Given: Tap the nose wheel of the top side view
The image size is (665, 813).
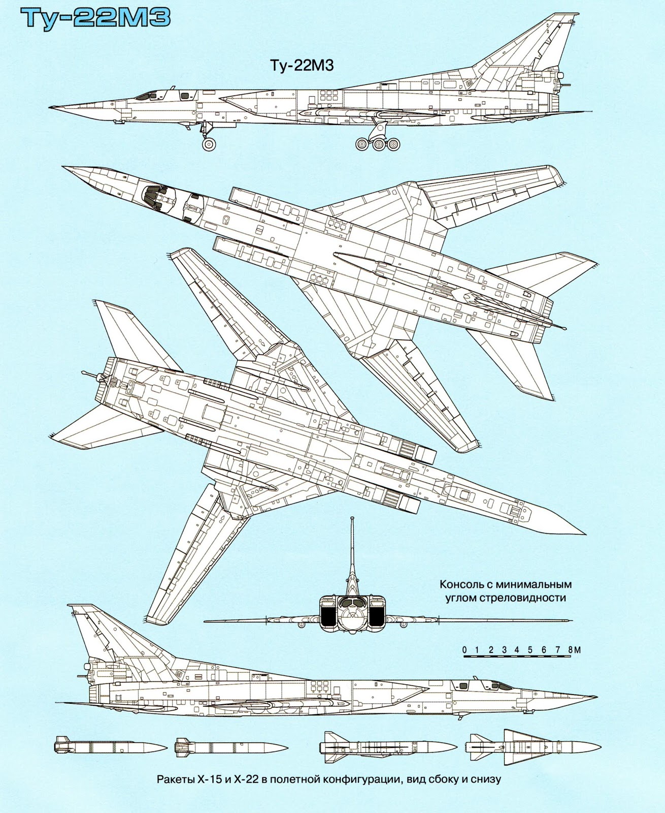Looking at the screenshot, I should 209,144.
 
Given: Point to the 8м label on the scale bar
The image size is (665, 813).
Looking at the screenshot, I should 574,649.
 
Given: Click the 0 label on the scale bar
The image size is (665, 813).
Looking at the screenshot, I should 464,649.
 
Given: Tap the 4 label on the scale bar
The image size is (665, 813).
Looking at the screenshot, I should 517,649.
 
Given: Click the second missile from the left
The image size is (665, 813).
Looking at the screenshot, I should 230,747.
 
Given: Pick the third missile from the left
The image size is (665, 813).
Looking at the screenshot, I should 388,747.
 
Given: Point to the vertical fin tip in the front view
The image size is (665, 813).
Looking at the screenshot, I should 352,519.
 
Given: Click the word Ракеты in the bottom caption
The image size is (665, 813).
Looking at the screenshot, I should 173,779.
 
